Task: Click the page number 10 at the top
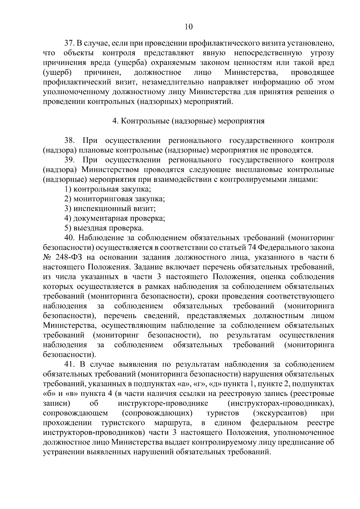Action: point(188,27)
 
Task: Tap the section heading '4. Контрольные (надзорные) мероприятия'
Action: point(188,121)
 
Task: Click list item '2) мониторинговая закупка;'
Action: point(115,199)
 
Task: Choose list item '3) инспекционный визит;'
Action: point(110,208)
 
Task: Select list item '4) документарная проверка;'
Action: point(115,218)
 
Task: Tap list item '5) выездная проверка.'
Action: point(104,228)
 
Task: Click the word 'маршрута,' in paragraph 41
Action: point(173,423)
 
